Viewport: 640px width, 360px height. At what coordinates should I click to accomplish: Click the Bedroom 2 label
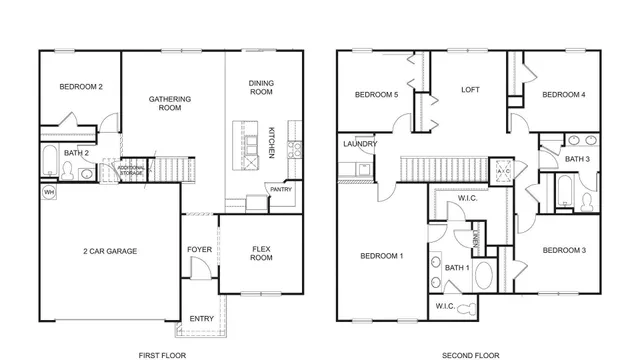pos(81,88)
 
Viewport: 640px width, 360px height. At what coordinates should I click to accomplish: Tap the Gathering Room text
pos(170,104)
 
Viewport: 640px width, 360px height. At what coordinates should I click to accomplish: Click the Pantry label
pos(279,188)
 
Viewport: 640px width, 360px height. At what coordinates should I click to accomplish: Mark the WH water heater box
pos(49,190)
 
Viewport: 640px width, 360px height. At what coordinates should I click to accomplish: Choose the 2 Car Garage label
pos(110,251)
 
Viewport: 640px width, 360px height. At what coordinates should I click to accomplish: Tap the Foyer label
pos(199,249)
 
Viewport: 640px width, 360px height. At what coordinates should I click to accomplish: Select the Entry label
pos(201,319)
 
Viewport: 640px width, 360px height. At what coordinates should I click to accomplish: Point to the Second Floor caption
pos(470,354)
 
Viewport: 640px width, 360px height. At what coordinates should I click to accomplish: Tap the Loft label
pos(470,90)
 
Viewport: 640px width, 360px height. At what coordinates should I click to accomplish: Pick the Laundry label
pos(359,145)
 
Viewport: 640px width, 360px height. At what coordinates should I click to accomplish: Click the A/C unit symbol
pos(503,171)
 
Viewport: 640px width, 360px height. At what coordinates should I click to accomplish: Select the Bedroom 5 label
pos(376,95)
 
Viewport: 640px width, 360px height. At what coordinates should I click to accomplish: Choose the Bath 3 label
pos(577,159)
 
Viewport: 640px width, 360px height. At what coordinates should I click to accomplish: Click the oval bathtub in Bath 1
pos(483,276)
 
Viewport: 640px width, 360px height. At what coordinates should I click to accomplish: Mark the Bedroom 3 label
pos(563,249)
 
